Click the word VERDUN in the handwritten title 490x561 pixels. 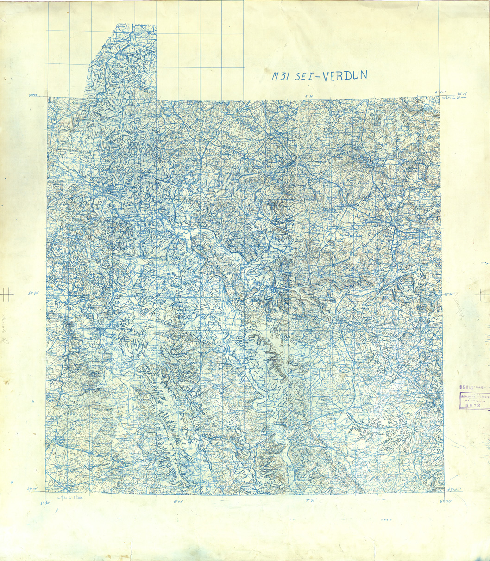pos(345,75)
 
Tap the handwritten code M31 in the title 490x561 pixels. pos(281,77)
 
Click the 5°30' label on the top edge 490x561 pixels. pos(309,96)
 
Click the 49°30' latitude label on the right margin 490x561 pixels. pos(450,293)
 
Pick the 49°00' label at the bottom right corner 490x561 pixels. pos(455,489)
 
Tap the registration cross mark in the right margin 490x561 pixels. pos(483,293)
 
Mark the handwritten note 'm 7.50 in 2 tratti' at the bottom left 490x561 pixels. pos(68,499)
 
